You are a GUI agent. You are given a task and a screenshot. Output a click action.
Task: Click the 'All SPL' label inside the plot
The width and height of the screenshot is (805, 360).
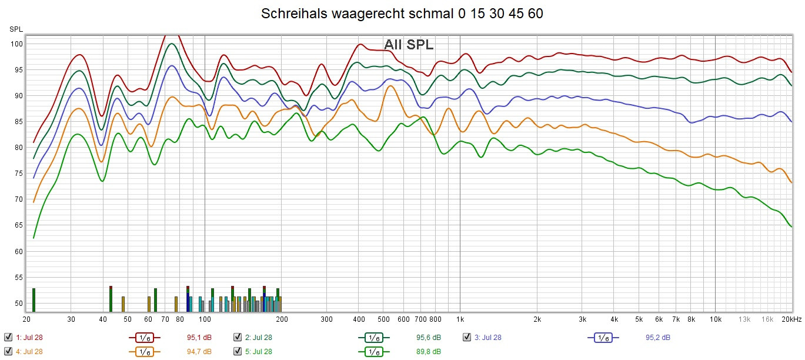tap(409, 44)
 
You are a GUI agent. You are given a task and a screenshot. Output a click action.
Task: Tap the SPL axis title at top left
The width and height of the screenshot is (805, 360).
tap(16, 29)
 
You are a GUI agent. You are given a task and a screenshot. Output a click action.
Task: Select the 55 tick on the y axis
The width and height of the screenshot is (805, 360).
tap(18, 278)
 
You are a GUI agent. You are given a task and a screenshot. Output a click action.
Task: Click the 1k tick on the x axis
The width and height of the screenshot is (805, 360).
tap(460, 319)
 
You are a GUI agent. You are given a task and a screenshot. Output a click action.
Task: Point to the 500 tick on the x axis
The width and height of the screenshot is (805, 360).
tap(383, 319)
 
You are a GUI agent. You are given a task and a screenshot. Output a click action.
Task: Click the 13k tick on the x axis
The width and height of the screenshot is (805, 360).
tap(744, 319)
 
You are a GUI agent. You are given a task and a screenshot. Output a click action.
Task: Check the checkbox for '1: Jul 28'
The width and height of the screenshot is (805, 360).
tap(8, 337)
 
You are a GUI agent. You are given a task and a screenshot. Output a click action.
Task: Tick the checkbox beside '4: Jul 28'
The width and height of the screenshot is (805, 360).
tap(8, 351)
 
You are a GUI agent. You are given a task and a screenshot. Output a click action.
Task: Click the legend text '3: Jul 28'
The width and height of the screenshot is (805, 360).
tap(488, 337)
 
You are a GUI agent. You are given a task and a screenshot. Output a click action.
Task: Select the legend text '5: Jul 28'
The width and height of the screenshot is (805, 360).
tap(259, 351)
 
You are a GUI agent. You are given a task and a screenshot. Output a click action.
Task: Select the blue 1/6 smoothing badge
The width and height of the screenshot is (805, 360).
tap(603, 338)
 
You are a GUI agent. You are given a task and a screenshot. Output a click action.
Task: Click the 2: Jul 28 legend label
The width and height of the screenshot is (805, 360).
tap(259, 337)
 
